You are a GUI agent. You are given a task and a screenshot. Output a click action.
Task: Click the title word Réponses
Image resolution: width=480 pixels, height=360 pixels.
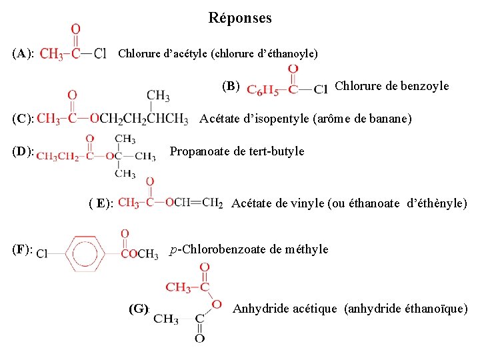point(240,18)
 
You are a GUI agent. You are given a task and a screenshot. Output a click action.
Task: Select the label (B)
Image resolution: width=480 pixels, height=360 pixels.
point(231,85)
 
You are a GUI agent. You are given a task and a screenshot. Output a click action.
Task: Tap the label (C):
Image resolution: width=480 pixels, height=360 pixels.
point(22,119)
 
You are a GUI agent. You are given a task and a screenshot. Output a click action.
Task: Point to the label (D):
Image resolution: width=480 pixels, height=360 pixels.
point(22,151)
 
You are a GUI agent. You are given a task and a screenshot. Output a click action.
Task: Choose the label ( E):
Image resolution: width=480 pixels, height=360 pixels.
point(101,203)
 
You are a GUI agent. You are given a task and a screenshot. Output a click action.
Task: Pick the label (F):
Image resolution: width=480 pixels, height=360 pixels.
point(23,249)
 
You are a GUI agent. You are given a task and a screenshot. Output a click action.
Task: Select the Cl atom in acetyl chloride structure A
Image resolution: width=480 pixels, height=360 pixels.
point(99,54)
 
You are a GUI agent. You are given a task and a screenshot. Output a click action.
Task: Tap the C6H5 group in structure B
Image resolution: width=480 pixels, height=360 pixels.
point(259,89)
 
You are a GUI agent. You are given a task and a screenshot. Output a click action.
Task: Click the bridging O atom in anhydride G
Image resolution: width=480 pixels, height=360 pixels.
point(216,305)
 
